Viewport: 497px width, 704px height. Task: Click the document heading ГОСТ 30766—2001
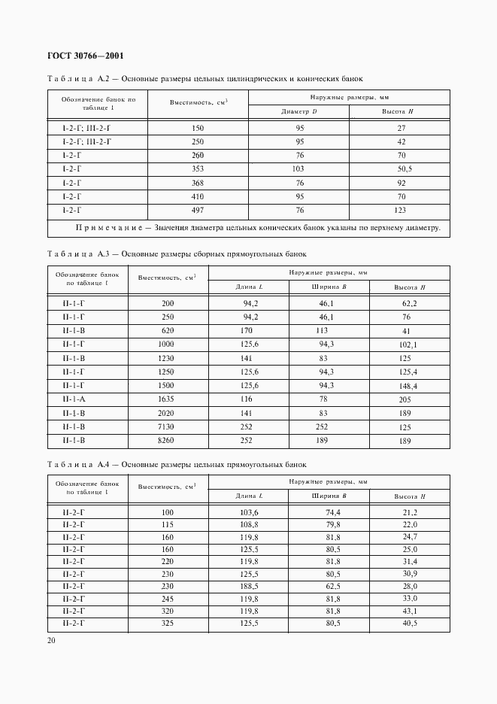pos(85,56)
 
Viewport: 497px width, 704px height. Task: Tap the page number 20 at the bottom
pos(52,640)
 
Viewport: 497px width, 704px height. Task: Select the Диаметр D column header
pos(299,112)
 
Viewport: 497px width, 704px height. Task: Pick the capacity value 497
pos(198,211)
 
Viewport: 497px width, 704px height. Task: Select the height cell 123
pos(401,211)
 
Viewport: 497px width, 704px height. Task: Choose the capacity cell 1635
pos(166,399)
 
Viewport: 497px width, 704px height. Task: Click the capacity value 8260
pos(166,440)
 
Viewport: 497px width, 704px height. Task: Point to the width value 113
pos(323,329)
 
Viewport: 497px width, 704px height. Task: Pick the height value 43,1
pos(409,611)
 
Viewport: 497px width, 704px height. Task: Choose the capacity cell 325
pos(167,624)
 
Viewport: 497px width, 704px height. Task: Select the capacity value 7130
pos(166,426)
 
